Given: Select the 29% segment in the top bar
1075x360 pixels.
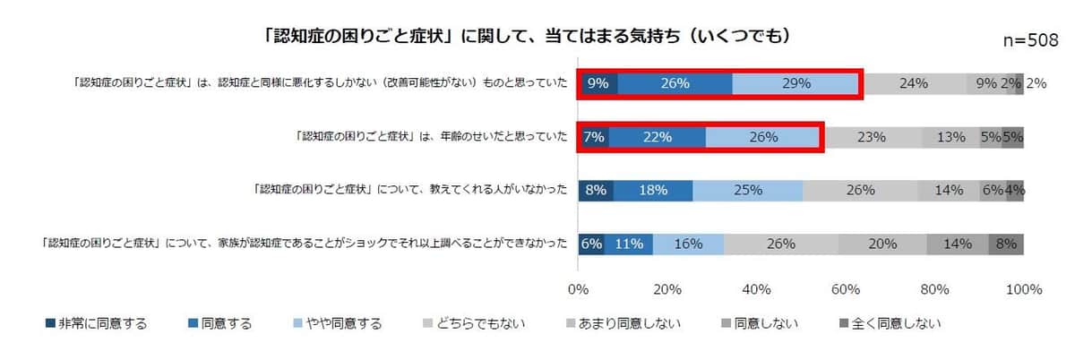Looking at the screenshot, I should (x=795, y=83).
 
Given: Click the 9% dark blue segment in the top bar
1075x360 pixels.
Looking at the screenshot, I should (x=598, y=83).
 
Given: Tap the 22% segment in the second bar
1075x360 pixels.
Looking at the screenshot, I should (x=657, y=137).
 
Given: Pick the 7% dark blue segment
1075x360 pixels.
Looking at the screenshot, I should (x=593, y=137).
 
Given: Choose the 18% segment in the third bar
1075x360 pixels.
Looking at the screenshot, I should (x=653, y=190).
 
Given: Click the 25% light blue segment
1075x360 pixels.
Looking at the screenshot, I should (x=747, y=190).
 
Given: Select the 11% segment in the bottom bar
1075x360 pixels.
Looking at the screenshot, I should (x=628, y=244).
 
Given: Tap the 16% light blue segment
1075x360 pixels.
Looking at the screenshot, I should (x=688, y=244).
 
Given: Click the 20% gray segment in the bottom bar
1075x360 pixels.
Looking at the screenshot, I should (x=882, y=244).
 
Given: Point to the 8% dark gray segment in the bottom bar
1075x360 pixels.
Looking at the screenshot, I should (x=1006, y=244).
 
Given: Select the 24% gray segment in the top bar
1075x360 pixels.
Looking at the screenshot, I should (x=913, y=83).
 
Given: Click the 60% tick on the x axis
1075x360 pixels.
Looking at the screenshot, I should (x=846, y=290).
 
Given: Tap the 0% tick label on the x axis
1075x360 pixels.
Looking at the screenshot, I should (x=578, y=290).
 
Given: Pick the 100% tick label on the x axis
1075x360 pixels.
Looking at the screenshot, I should (x=1023, y=290).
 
